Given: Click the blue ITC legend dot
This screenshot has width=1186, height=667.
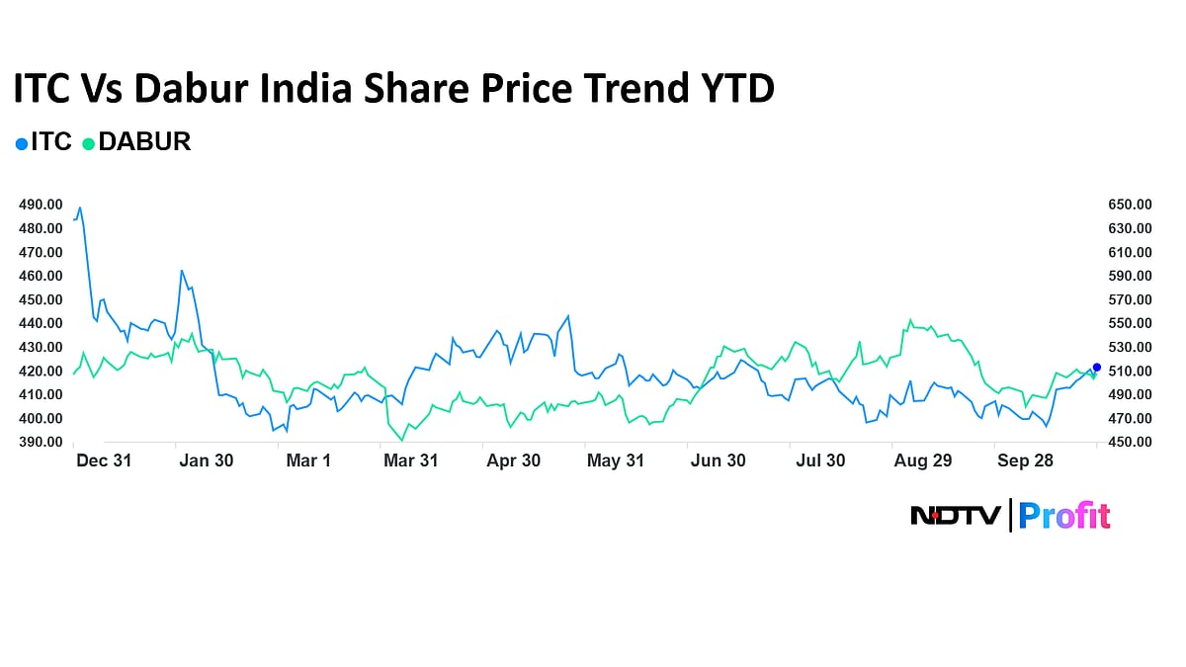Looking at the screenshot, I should click(22, 143).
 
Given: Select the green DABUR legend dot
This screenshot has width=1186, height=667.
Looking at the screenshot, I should click(89, 143).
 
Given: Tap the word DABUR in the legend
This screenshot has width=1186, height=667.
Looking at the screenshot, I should click(144, 142).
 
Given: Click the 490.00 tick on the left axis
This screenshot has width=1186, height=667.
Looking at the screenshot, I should click(41, 205).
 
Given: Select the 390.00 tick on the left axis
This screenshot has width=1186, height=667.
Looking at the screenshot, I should click(41, 442).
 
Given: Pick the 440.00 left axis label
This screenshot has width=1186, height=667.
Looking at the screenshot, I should click(41, 323).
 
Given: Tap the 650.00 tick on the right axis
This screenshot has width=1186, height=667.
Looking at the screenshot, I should click(1131, 205).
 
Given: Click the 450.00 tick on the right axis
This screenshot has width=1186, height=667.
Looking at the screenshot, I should click(1131, 442).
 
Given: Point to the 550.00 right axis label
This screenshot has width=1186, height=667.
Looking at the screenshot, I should click(1131, 323).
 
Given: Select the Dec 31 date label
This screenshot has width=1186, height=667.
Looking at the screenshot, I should click(104, 461).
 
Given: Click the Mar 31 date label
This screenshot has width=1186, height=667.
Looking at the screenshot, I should click(411, 461).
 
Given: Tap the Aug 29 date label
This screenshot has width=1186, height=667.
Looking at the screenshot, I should click(922, 461).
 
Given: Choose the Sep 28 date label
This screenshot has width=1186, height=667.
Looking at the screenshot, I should click(1025, 461).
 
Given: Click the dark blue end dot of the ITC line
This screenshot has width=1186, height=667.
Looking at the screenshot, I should click(1097, 367).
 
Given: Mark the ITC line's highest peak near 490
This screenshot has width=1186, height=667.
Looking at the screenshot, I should click(80, 208).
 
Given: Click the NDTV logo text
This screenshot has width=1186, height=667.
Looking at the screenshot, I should click(955, 515).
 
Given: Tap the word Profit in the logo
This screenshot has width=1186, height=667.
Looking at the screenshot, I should click(1064, 515).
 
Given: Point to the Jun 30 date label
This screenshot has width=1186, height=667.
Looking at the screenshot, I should click(718, 461).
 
